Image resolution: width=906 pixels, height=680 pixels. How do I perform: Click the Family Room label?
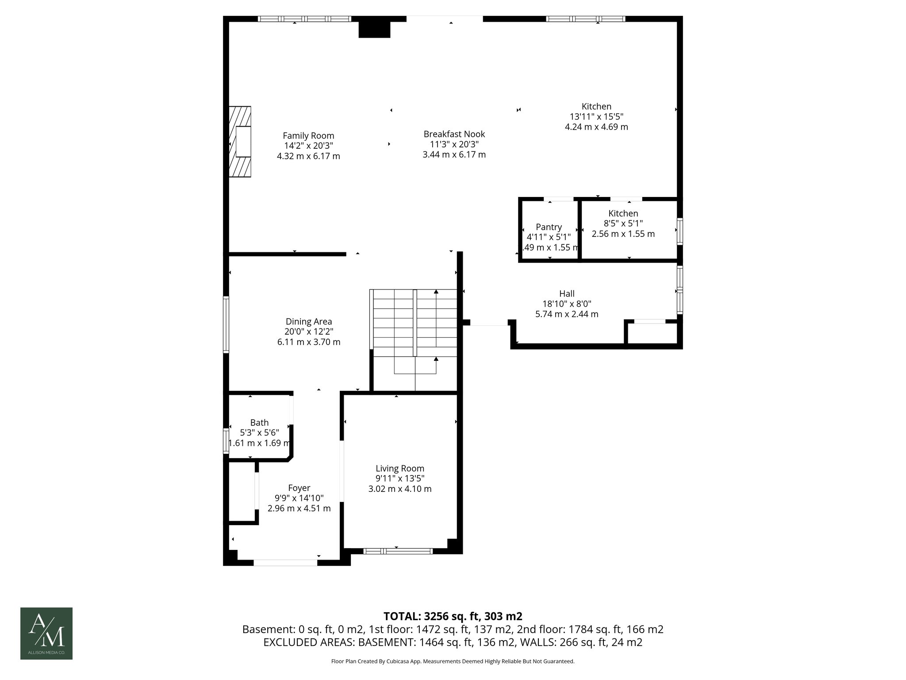tap(308, 136)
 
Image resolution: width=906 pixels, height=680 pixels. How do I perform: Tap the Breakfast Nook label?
tap(454, 134)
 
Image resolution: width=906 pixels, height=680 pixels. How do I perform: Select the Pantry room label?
tap(549, 227)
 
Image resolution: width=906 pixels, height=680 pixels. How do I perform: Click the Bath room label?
tap(259, 423)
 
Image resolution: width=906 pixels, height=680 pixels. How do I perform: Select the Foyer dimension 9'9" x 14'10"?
tap(299, 498)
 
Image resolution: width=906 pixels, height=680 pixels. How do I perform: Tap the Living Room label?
tap(400, 468)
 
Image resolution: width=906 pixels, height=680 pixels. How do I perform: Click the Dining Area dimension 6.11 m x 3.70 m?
tap(308, 342)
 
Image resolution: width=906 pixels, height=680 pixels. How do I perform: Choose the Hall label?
tap(567, 294)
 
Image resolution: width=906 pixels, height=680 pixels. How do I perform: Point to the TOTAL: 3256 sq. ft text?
tap(453, 616)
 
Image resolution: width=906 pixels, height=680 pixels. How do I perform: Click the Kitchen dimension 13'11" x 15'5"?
tap(596, 116)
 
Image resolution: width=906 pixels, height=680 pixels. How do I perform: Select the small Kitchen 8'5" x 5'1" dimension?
tap(623, 224)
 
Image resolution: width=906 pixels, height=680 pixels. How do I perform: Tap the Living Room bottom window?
tap(398, 551)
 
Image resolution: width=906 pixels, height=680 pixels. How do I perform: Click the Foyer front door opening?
tap(285, 563)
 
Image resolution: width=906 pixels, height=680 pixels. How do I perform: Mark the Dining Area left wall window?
tap(226, 325)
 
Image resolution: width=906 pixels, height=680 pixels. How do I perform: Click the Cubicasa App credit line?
tap(453, 661)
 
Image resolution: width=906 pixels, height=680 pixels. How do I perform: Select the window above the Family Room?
tap(304, 19)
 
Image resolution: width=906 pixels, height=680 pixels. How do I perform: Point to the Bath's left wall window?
tap(226, 440)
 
